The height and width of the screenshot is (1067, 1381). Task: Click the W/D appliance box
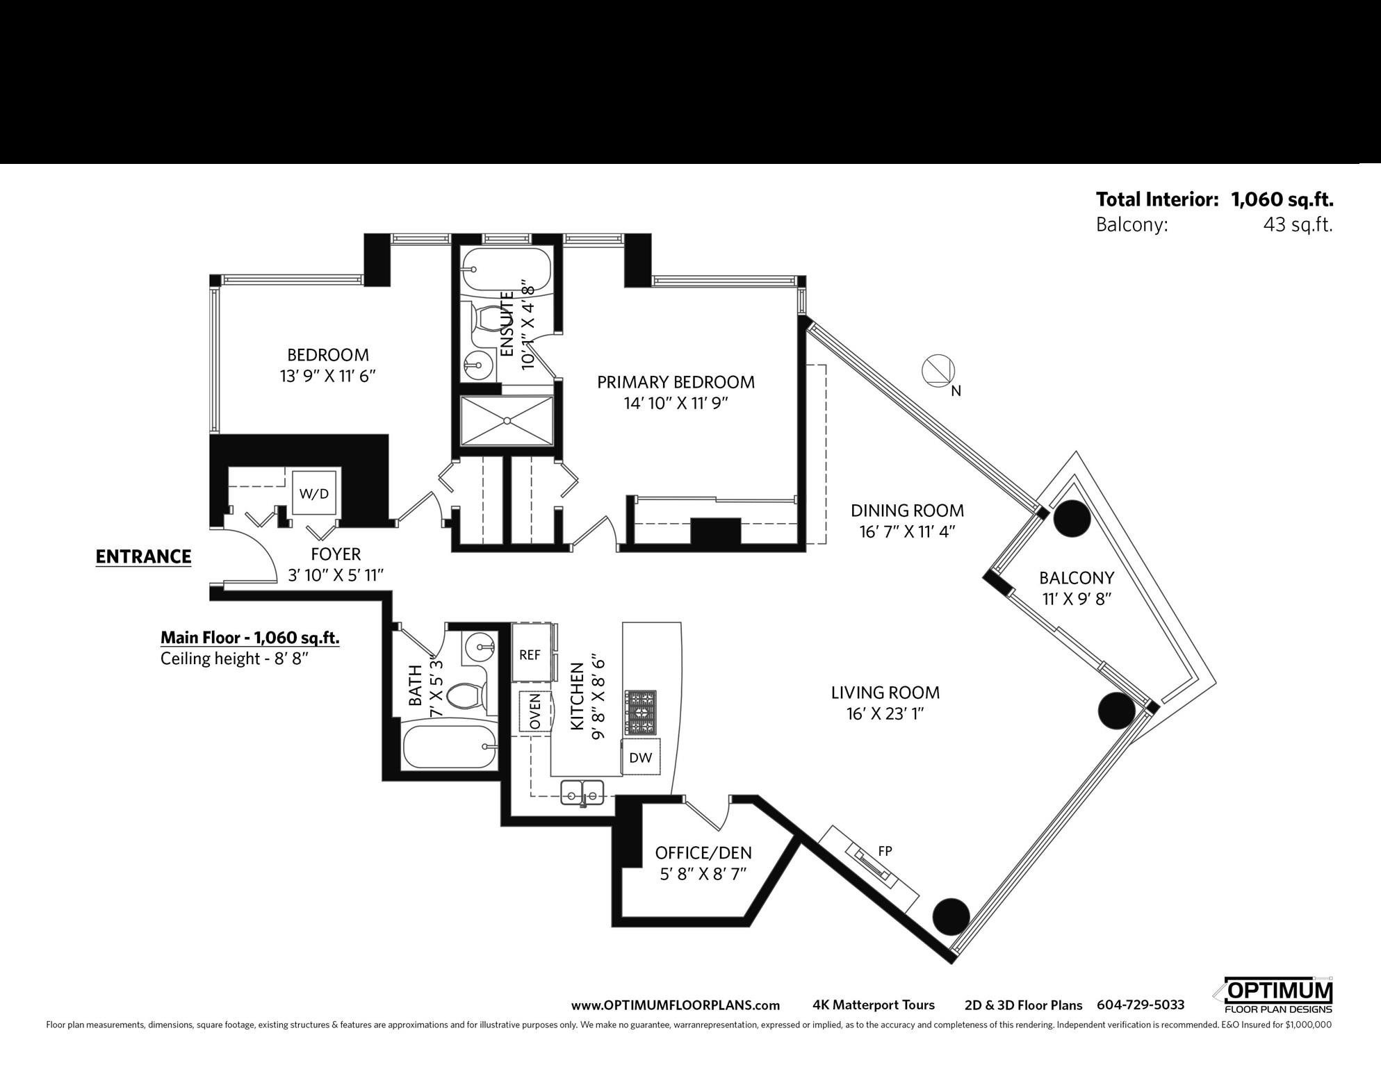(314, 493)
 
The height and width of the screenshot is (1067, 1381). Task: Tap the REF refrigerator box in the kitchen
(530, 654)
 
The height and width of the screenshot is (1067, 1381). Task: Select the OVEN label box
(534, 711)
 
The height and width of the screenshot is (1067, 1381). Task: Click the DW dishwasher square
(640, 757)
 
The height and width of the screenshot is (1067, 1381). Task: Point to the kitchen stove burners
(642, 713)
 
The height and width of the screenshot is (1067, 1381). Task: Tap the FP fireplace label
(885, 850)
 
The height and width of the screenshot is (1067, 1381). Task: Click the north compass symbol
(938, 370)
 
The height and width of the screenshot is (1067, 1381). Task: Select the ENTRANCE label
(143, 556)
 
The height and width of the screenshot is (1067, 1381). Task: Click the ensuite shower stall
(507, 420)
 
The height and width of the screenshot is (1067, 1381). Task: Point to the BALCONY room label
(1077, 578)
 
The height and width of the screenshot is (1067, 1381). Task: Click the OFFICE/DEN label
(703, 852)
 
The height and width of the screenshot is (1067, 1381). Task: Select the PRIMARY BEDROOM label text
(676, 382)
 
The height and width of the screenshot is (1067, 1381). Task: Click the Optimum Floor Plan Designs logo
(1278, 997)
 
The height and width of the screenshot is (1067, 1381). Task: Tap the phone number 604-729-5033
(1141, 1005)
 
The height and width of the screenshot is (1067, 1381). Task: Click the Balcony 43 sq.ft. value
(1298, 225)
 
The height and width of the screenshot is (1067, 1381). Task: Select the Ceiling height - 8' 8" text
(234, 658)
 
